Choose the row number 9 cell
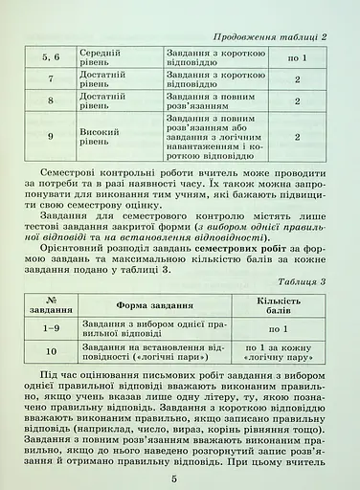[x=51, y=137]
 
